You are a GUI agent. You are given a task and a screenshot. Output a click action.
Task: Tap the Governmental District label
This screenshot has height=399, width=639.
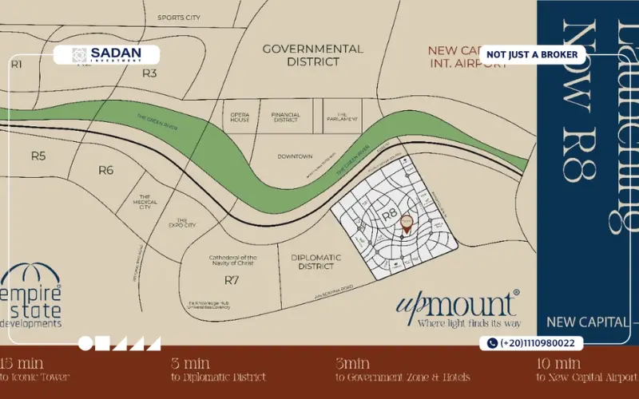313,54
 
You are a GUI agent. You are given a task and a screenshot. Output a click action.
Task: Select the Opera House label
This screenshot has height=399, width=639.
240,116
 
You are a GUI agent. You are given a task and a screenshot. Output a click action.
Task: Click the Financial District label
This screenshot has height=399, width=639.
285,116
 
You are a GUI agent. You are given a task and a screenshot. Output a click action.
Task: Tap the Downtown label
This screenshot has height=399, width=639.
295,157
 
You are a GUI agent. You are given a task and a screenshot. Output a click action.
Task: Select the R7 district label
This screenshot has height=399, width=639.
232,279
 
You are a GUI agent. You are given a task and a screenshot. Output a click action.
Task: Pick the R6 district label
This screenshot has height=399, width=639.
106,169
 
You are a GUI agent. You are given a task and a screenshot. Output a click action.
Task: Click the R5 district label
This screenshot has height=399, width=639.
38,156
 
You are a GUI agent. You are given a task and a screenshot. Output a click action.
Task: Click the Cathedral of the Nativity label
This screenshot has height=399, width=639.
232,260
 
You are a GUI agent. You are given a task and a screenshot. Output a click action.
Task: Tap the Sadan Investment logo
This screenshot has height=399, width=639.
106,55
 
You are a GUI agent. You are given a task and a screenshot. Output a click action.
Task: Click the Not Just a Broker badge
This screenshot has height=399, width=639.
532,54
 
